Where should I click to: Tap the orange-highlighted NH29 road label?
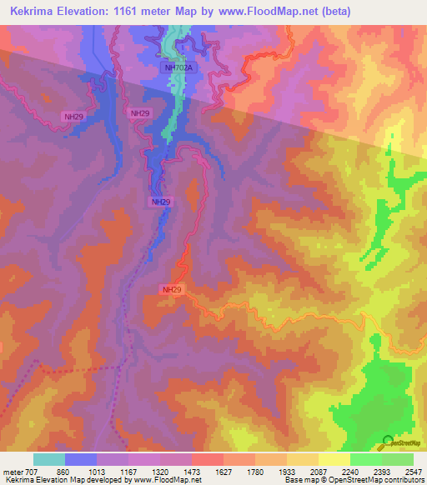coord(172,289)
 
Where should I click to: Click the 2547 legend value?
coord(414,472)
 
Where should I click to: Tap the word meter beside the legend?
coord(13,472)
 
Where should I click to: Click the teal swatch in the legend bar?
coord(49,459)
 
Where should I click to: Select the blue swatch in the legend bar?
coord(81,459)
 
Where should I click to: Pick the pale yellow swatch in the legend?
coord(334,459)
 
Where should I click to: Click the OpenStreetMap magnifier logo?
coord(388,442)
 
